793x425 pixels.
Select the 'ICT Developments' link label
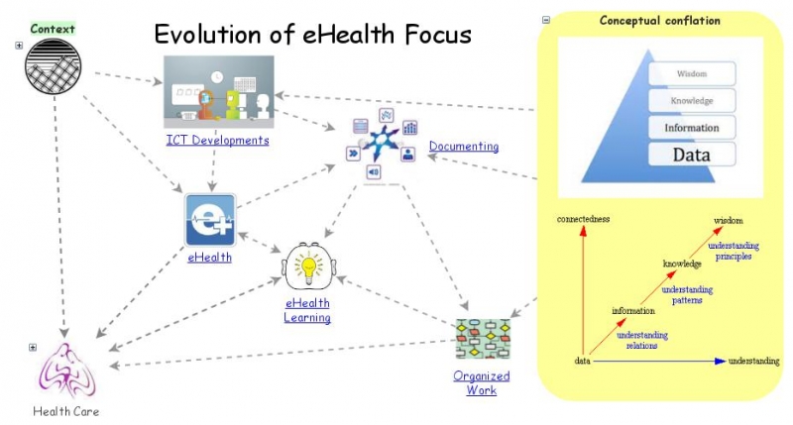point(217,140)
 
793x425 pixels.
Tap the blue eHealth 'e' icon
point(210,220)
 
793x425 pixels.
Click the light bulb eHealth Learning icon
point(307,266)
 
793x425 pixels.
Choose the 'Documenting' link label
point(463,147)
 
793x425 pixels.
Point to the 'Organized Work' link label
point(481,382)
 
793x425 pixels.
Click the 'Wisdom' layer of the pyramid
point(691,73)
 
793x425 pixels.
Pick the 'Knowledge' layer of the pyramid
point(691,100)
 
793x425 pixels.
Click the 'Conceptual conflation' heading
point(659,20)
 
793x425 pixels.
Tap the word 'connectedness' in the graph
point(583,218)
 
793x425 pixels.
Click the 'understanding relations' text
point(642,340)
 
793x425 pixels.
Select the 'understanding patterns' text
point(686,294)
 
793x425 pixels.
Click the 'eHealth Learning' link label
point(307,310)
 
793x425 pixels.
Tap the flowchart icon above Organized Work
point(482,339)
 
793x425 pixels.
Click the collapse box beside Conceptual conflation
point(546,20)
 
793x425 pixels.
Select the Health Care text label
point(66,411)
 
